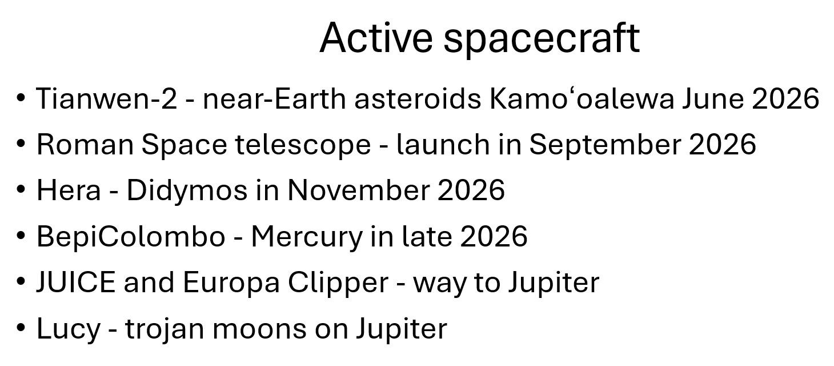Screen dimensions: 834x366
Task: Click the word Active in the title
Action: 376,38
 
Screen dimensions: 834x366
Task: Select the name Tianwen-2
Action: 106,98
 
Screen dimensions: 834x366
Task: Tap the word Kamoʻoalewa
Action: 582,98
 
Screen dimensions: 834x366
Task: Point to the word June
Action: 713,98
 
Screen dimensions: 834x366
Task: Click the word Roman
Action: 85,145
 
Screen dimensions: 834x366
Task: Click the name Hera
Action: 69,190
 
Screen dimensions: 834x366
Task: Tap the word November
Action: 358,190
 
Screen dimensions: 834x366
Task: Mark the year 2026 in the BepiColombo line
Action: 494,236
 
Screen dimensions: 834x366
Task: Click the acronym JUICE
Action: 76,283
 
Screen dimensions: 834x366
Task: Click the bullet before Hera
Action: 21,189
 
